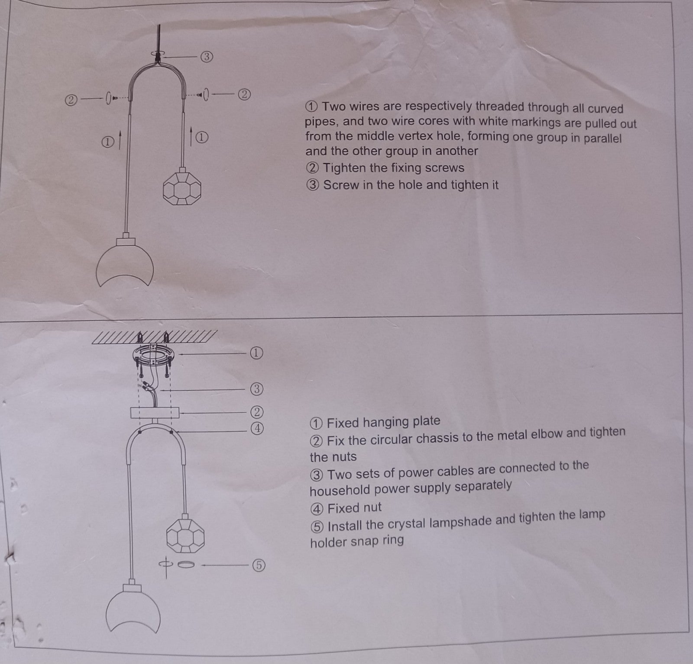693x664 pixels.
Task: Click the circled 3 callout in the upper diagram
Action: coord(207,56)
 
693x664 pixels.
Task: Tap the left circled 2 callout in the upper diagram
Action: coord(71,100)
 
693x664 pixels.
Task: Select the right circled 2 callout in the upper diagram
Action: coord(244,94)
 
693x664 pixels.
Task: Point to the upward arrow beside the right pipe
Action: coord(191,135)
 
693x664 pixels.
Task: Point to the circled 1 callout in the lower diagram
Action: coord(256,353)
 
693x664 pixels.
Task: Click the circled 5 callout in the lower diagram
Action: coord(259,565)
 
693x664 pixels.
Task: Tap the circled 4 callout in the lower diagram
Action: coord(257,428)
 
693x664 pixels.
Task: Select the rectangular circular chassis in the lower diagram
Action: coord(155,412)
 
